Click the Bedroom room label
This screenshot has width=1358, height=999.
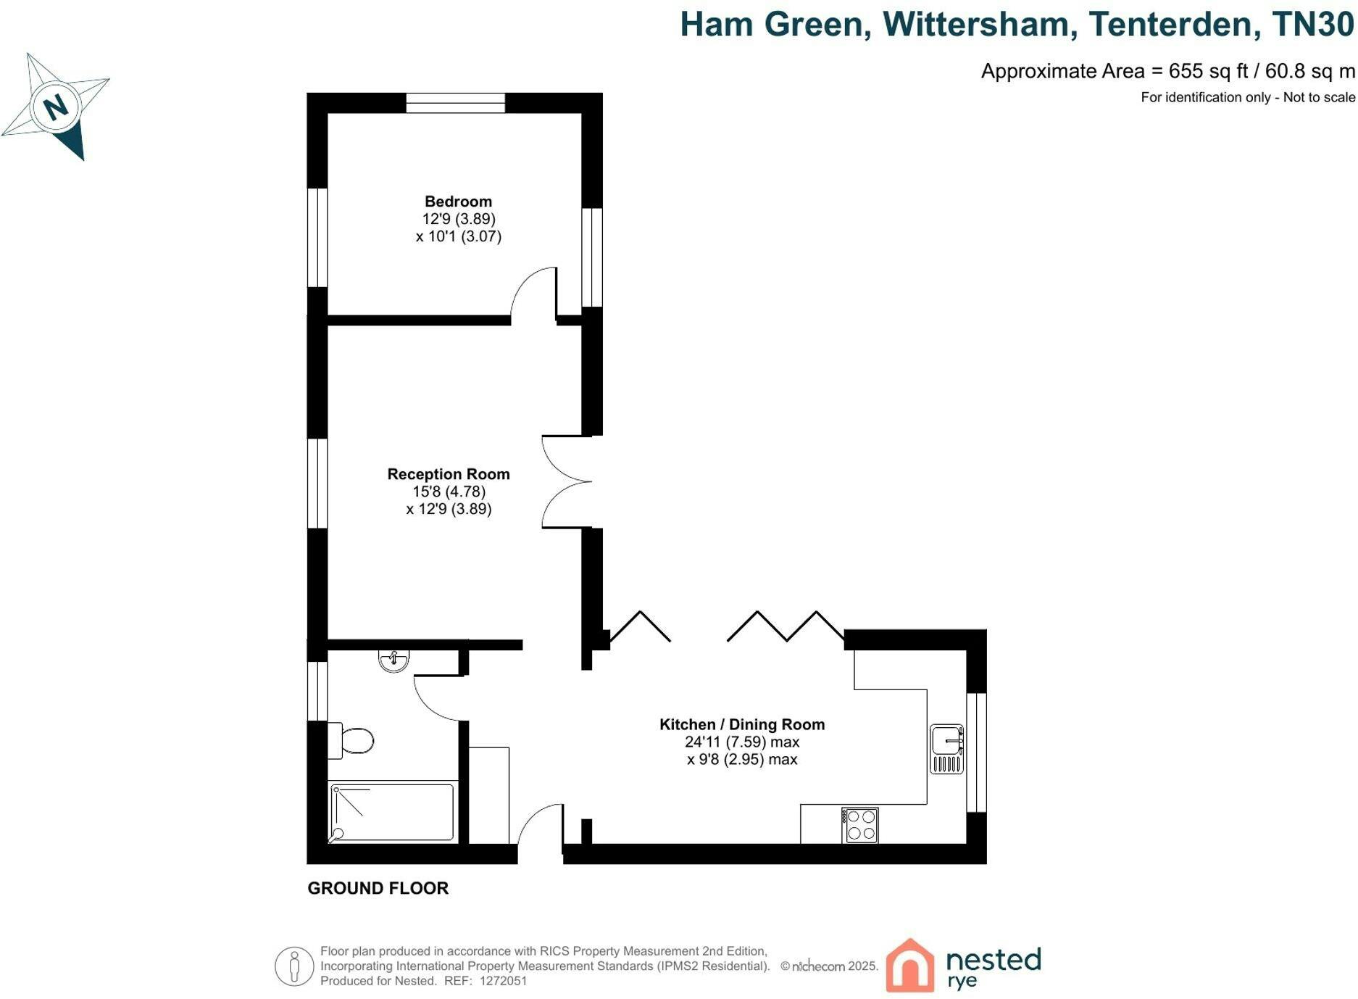coord(458,202)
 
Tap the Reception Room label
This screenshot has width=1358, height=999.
coord(449,474)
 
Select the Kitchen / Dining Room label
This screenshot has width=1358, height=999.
coord(742,724)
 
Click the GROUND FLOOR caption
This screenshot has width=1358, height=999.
coord(378,888)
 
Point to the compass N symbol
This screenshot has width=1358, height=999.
coord(56,107)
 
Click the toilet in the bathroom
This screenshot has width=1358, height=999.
coord(351,740)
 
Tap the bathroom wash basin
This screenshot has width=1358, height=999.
coord(393,660)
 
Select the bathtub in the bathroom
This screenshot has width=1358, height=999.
coord(393,812)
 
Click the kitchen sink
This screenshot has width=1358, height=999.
coord(947,749)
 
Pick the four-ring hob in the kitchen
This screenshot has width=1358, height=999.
coord(860,826)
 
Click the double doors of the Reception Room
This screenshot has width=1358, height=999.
coord(565,481)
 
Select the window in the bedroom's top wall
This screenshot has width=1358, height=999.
coord(455,103)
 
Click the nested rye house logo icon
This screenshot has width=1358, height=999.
coord(910,965)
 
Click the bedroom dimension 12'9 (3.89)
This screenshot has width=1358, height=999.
coord(459,219)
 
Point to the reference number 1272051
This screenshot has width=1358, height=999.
coord(504,981)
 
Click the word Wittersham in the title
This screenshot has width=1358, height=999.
coord(975,24)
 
